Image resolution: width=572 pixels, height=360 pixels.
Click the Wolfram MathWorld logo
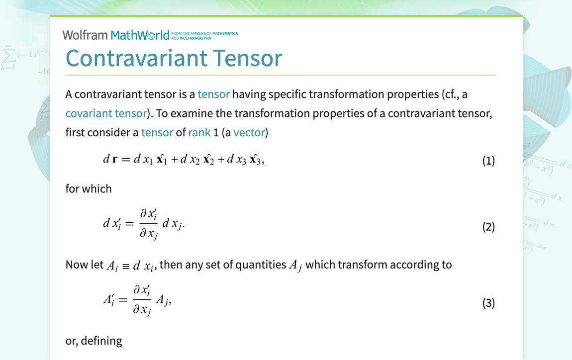(115, 35)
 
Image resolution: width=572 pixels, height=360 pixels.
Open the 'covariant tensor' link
(106, 113)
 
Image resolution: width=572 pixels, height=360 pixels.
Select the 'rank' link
(199, 132)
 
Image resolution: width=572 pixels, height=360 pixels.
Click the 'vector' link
(249, 132)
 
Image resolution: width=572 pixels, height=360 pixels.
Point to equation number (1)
(488, 161)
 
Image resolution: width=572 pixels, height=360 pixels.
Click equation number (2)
(488, 227)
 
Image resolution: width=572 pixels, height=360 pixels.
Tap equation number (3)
(488, 303)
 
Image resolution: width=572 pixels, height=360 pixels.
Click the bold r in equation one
(115, 160)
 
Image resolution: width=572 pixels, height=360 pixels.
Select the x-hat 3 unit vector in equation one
(255, 159)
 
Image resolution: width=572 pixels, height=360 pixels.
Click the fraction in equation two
(149, 223)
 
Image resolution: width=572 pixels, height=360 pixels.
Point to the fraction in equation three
(142, 299)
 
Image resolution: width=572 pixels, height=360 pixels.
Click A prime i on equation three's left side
(109, 300)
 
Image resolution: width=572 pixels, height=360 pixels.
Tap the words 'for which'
(89, 188)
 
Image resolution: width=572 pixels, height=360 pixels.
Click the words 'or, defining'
(94, 341)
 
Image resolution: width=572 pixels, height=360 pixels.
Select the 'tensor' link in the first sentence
(214, 94)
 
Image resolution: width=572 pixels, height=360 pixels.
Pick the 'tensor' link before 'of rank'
(157, 132)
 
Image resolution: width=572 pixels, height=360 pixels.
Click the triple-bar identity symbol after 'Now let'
(126, 267)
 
